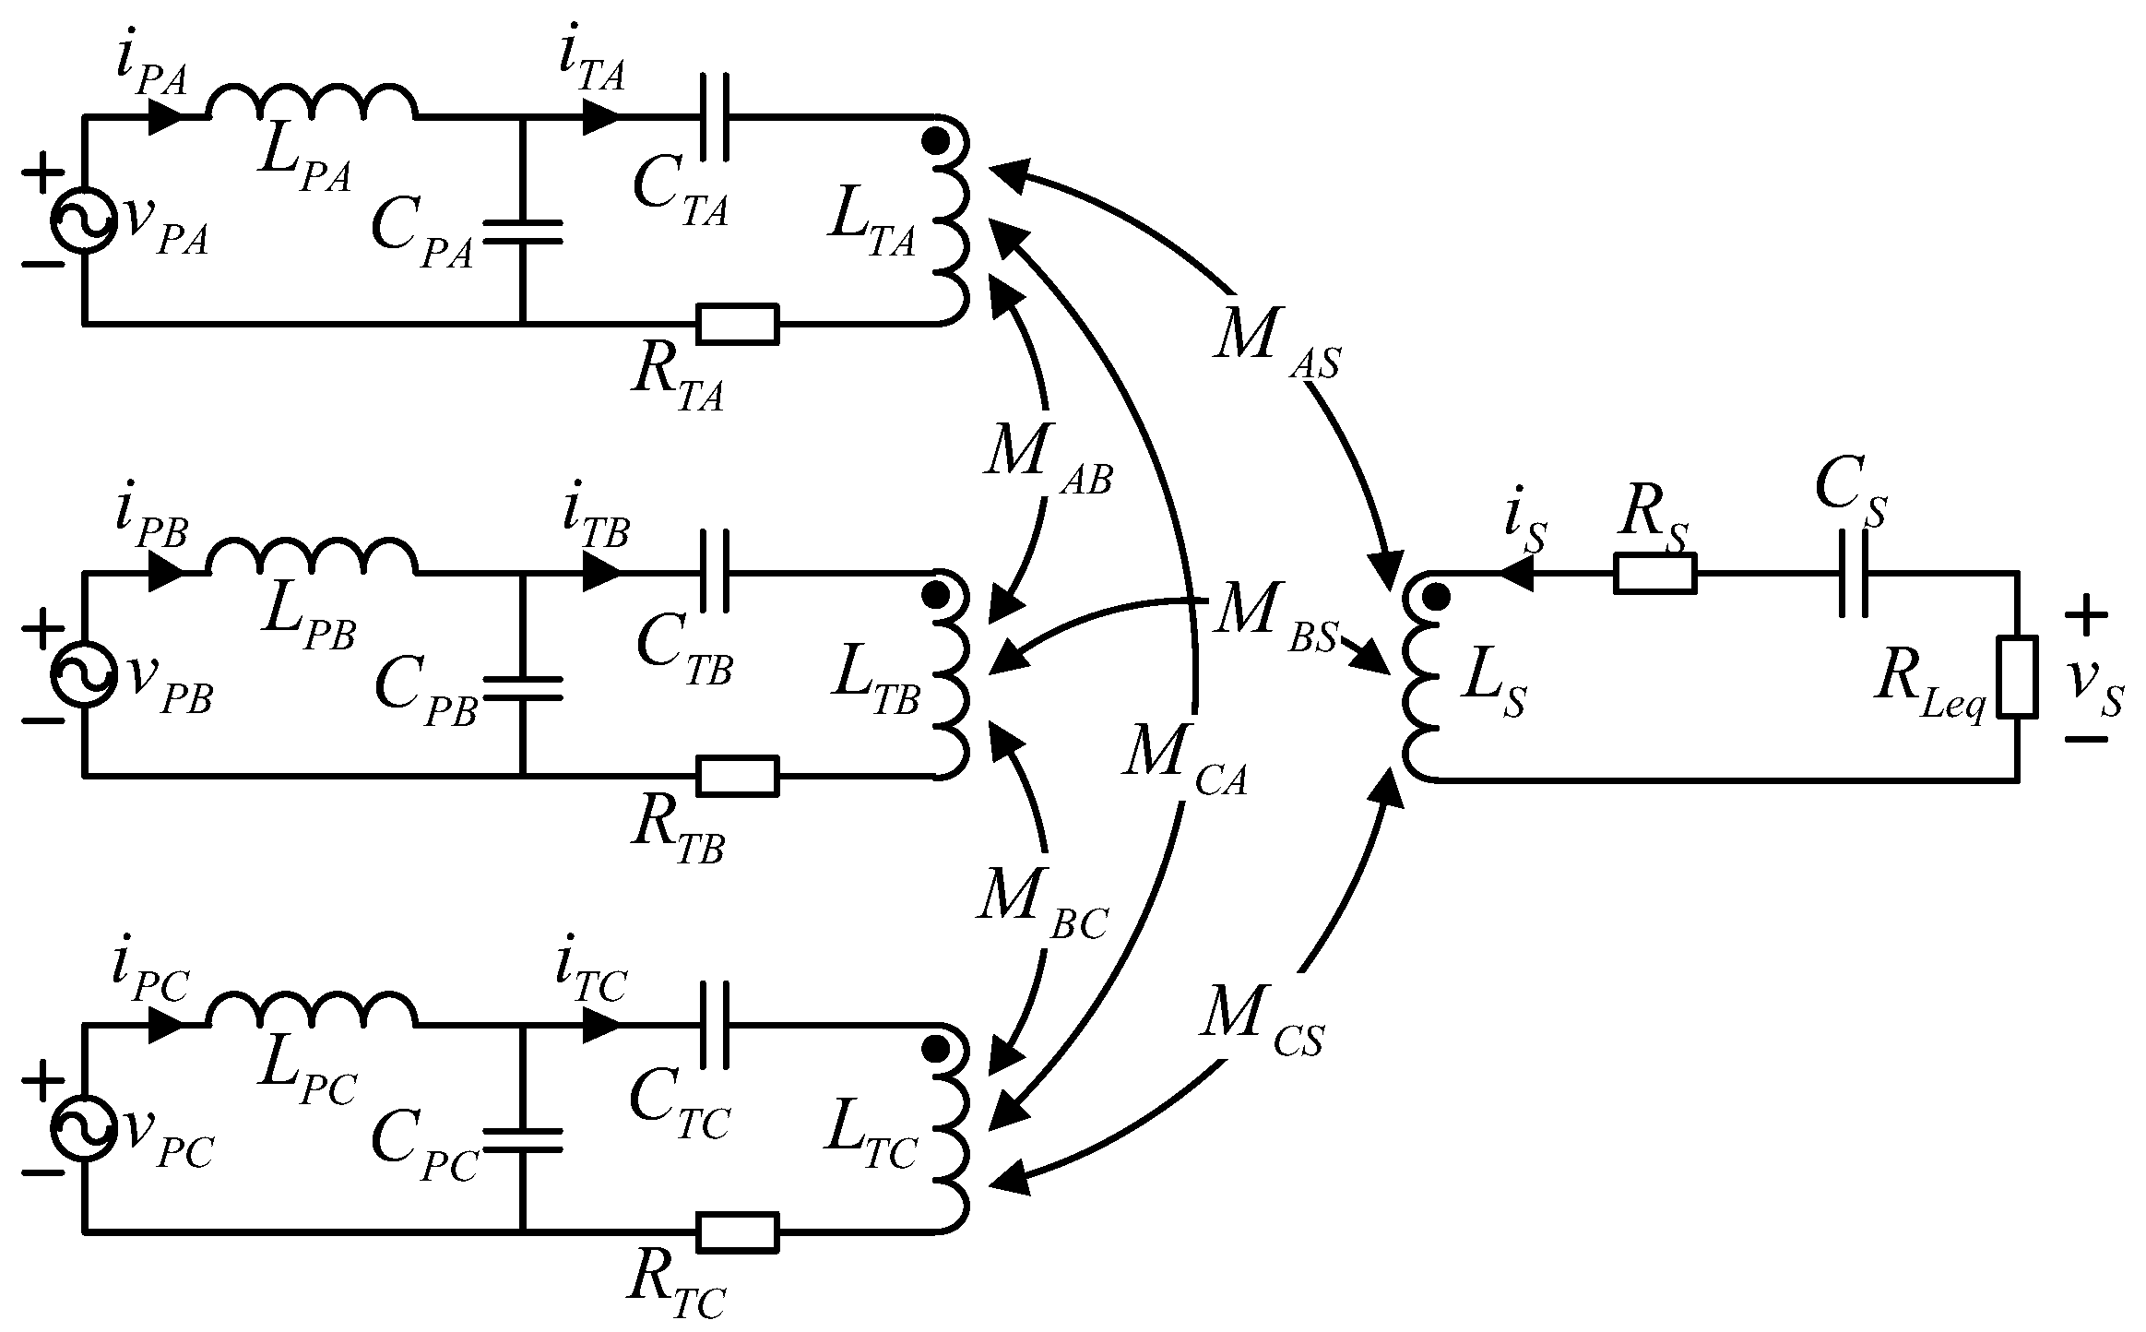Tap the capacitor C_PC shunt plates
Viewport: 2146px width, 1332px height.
[522, 1139]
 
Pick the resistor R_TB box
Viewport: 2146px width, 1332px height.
[738, 776]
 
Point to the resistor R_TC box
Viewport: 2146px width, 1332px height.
[738, 1232]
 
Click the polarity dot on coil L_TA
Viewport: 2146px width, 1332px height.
[937, 140]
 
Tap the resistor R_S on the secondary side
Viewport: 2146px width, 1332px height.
[1654, 573]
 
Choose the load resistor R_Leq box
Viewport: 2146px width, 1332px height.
[2018, 675]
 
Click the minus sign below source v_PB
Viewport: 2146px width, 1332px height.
[41, 719]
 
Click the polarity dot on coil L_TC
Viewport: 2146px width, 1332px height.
[937, 1048]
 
